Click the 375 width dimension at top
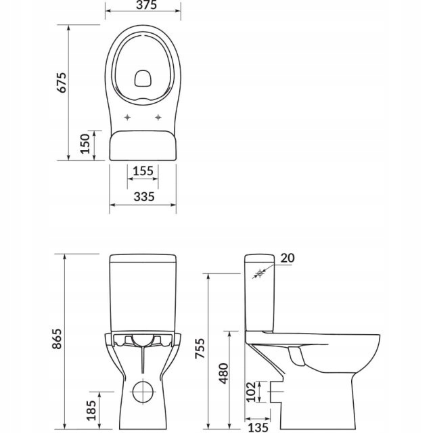[x=143, y=6]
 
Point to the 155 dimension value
[x=143, y=172]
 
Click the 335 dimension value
[x=143, y=196]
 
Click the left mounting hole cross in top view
[x=128, y=118]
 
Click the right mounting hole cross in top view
[x=158, y=118]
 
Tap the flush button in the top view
[x=143, y=79]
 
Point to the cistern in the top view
[x=143, y=145]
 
